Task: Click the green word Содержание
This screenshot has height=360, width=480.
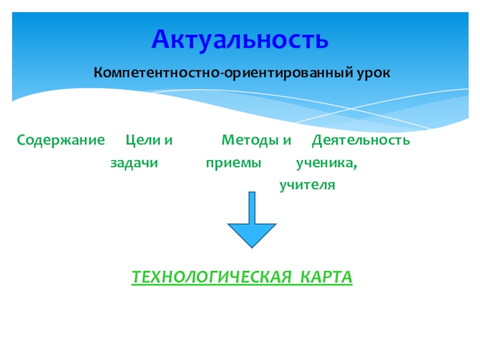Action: point(61,140)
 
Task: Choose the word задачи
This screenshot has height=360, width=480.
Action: point(134,163)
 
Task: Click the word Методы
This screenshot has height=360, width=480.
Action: point(248,140)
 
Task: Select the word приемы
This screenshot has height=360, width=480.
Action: point(234,163)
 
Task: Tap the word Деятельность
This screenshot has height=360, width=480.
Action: point(361,140)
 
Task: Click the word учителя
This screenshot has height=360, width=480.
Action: point(307,185)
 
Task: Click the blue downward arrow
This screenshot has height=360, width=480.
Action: point(252,222)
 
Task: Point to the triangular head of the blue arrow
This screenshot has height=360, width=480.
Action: point(252,234)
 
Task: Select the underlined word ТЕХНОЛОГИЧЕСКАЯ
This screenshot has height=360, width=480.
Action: point(207,278)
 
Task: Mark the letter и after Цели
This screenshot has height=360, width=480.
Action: point(168,141)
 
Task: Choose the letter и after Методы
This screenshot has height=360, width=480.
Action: point(287,141)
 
